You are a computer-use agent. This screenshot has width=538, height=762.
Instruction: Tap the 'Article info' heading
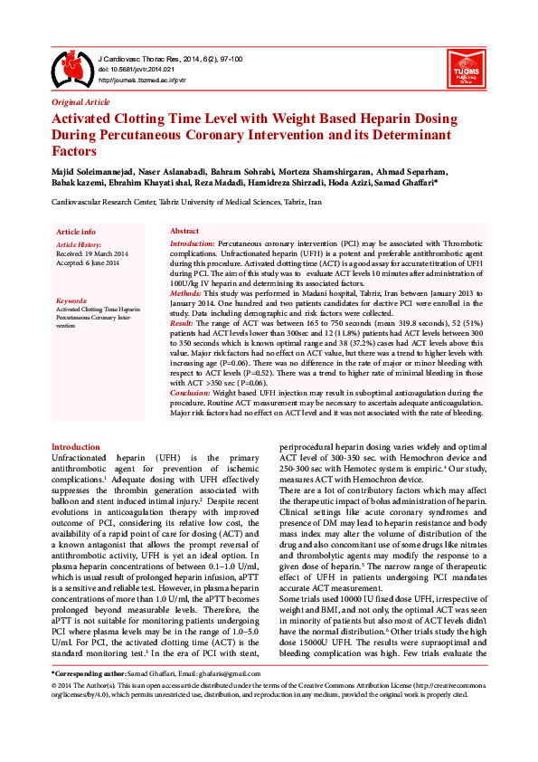[76, 232]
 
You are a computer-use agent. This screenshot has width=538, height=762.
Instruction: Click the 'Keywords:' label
[71, 300]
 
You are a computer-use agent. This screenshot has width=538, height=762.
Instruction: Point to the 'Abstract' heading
[184, 232]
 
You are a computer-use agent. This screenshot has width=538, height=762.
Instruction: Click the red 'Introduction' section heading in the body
[76, 446]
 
